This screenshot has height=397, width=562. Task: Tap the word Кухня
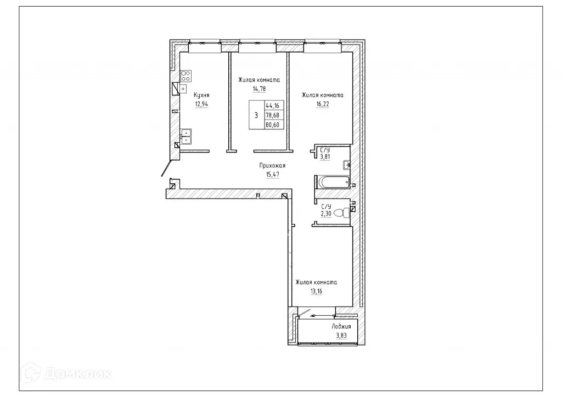[201, 94]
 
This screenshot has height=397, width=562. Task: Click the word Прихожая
[273, 165]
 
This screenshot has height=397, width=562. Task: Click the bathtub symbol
[333, 182]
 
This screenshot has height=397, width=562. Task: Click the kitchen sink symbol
[187, 135]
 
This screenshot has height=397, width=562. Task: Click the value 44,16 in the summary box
[272, 106]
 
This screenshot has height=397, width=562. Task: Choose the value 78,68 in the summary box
[272, 115]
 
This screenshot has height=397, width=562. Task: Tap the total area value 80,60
[272, 124]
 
